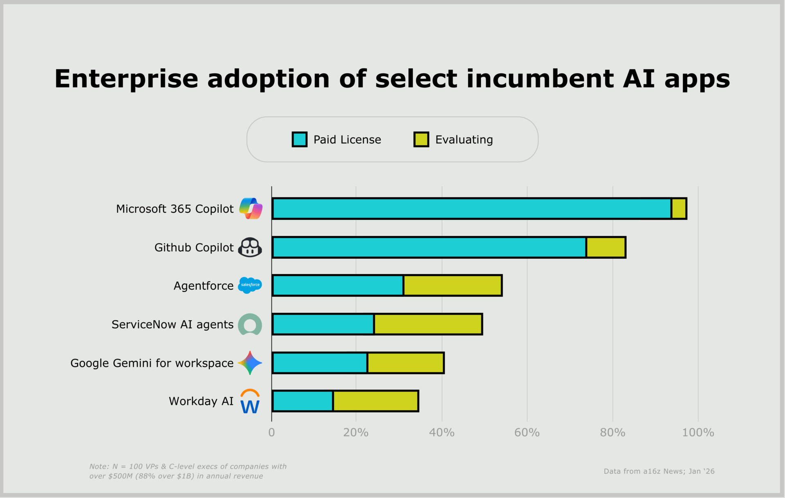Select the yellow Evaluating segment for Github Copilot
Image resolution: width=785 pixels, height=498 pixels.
(x=606, y=248)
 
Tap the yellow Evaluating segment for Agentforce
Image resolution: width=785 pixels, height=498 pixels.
(x=453, y=286)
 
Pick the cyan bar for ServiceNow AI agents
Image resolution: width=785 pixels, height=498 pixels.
(x=323, y=324)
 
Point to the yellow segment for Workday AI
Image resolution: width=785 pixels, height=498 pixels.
(x=376, y=401)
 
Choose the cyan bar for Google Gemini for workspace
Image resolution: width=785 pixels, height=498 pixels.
(x=320, y=363)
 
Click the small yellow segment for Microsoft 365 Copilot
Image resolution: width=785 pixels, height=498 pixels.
(x=679, y=209)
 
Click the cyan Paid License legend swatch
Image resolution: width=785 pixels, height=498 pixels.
(x=299, y=140)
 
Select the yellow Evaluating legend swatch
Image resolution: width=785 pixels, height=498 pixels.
(x=421, y=140)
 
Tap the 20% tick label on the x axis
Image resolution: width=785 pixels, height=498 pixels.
(x=356, y=433)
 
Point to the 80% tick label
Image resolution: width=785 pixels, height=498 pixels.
(x=612, y=433)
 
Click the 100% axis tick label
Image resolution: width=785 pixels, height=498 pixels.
(x=698, y=433)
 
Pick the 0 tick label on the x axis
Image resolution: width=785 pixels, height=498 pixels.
(x=271, y=433)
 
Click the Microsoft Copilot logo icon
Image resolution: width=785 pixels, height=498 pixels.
(x=251, y=208)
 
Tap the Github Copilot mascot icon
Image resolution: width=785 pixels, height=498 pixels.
(x=250, y=247)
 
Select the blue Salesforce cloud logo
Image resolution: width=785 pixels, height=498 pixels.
(x=250, y=285)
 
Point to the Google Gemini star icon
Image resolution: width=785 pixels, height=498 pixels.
(x=250, y=363)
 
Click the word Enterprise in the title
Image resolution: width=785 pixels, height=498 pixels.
(x=126, y=79)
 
